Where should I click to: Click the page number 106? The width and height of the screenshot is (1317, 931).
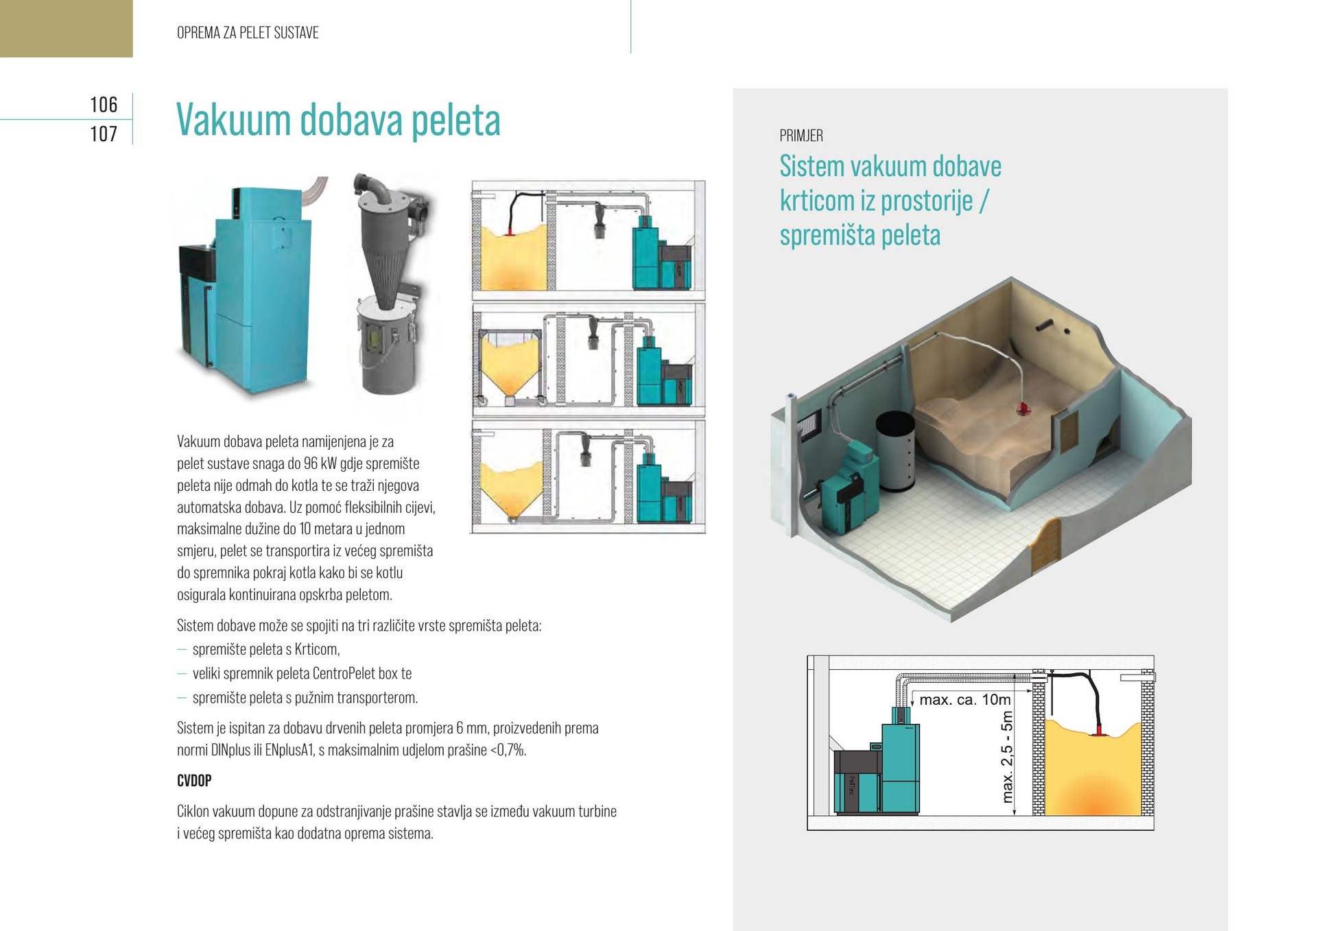point(104,104)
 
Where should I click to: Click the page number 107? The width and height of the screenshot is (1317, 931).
point(104,134)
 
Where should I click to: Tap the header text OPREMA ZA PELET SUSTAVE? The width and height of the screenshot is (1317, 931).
point(248,33)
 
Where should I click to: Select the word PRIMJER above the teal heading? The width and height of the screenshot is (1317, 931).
point(801,136)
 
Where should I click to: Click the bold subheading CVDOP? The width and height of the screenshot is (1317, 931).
point(194,781)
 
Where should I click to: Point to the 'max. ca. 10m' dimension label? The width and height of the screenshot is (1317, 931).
point(964,700)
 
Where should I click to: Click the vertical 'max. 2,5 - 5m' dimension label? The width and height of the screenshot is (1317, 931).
point(1007,757)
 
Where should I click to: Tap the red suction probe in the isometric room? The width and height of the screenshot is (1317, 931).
point(1025,409)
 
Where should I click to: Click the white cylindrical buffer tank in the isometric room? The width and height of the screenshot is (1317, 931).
point(895,450)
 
